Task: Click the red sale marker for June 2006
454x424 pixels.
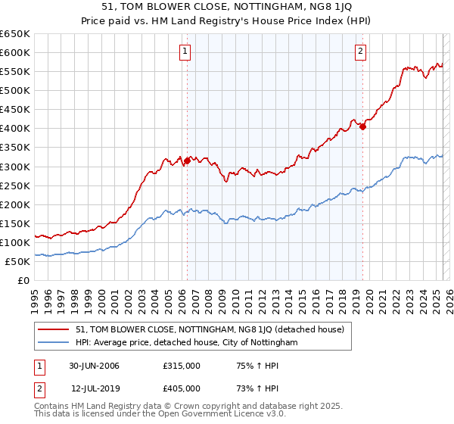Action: (x=187, y=160)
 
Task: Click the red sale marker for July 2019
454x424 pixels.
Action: (x=362, y=126)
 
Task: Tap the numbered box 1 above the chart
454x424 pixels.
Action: (x=185, y=51)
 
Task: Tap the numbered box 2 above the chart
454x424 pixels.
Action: (x=361, y=51)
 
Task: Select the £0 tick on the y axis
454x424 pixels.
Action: (x=23, y=280)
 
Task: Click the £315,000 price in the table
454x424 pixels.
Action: (x=181, y=366)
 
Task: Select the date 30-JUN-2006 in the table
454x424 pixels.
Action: (x=94, y=366)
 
